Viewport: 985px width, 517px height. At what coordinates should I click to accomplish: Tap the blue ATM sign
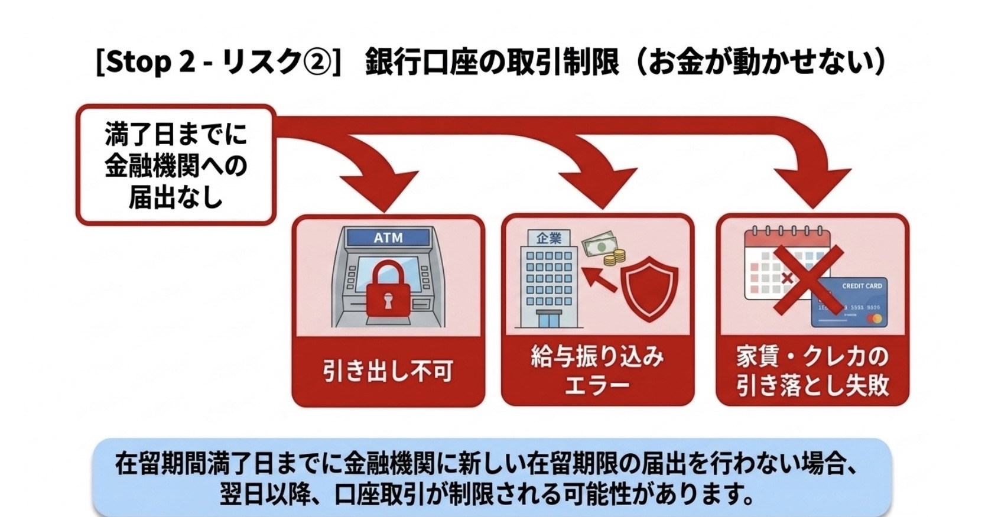coord(388,238)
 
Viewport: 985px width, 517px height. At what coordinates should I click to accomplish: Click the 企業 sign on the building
coord(549,239)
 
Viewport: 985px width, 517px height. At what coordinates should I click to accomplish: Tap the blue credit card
coord(849,303)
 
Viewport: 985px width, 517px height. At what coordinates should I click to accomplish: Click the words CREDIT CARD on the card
coord(862,286)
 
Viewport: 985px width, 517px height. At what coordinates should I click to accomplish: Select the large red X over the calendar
coord(809,280)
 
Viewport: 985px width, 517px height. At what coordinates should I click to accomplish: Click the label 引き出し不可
coord(388,371)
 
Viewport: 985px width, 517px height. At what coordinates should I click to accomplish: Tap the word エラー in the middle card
coord(597,385)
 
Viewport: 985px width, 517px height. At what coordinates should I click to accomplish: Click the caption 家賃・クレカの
coord(812,357)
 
